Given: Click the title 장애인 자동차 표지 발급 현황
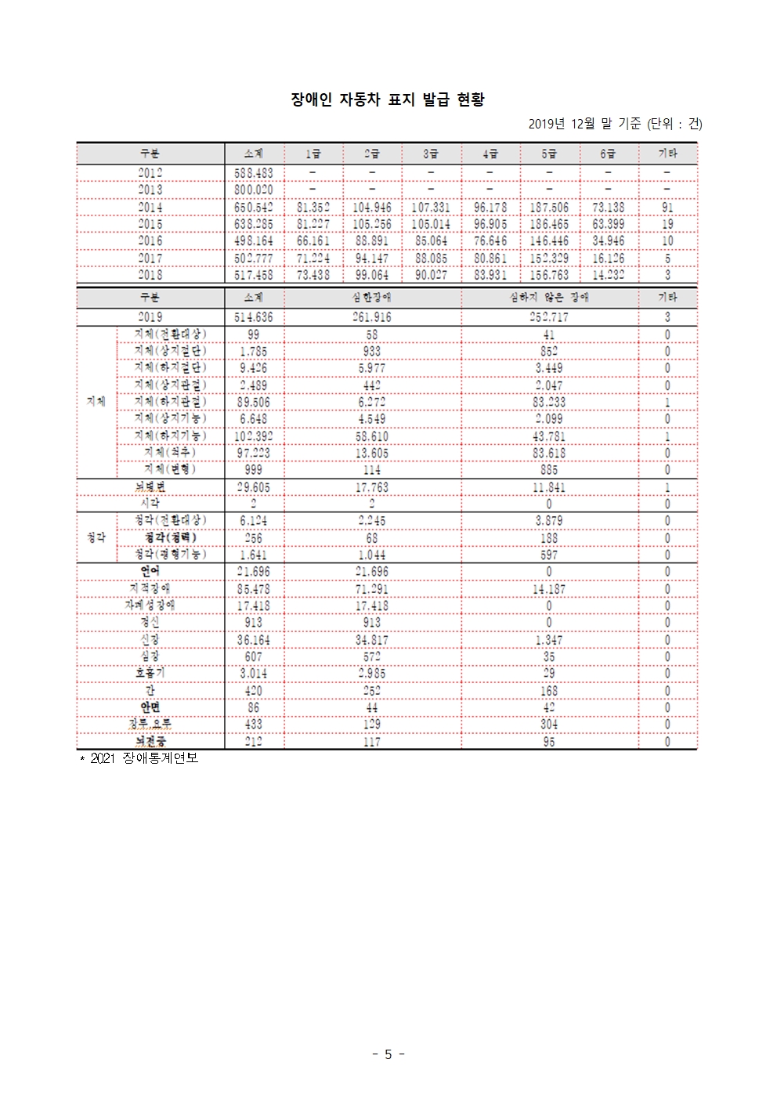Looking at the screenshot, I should click(x=388, y=99).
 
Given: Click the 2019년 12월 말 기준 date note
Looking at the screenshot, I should click(x=615, y=124).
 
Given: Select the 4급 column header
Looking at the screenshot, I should click(x=490, y=154).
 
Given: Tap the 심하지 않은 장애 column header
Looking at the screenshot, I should click(x=548, y=298).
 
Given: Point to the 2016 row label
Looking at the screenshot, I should click(x=150, y=241).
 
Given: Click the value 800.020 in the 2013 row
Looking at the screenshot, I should click(x=254, y=190).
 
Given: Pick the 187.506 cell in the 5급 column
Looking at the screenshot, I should click(x=549, y=208).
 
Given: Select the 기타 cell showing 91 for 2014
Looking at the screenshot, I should click(x=667, y=208).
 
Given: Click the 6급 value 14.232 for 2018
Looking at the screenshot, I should click(x=609, y=275).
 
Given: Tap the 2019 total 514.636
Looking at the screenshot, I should click(x=254, y=317).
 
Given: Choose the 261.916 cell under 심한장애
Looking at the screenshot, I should click(x=372, y=317).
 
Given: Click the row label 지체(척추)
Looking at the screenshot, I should click(x=170, y=453).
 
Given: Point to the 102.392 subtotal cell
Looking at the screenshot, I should click(x=254, y=436).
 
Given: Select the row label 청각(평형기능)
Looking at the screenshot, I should click(x=170, y=555).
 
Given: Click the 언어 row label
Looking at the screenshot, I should click(x=150, y=571).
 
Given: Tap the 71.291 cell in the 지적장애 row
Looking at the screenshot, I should click(x=372, y=589).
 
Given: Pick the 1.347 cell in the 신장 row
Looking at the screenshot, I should click(x=548, y=640).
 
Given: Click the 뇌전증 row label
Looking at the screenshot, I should click(x=150, y=741).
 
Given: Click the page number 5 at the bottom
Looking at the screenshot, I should click(x=388, y=1054).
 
